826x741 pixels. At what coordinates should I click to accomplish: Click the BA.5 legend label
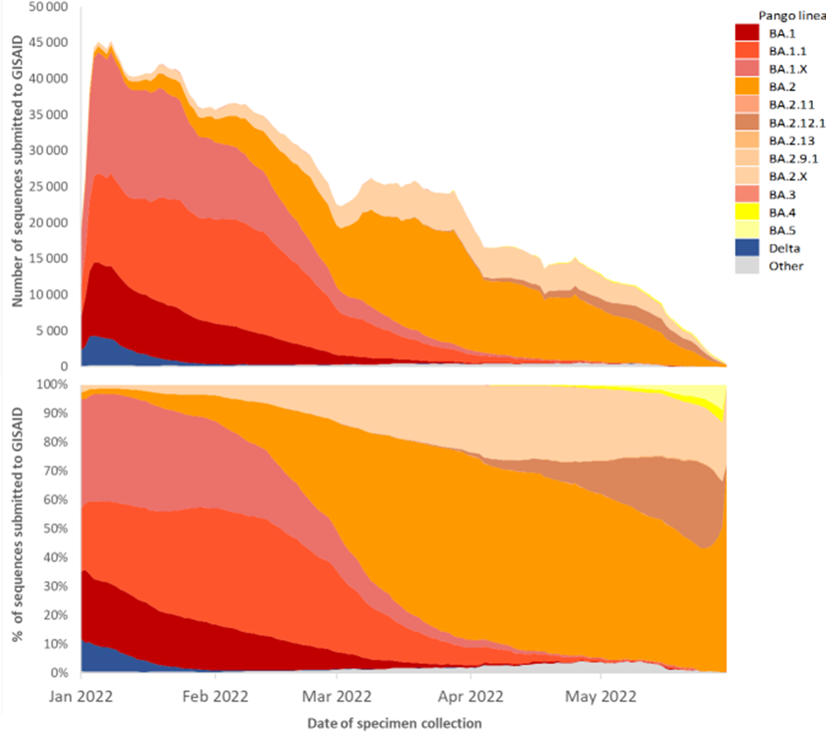click(781, 231)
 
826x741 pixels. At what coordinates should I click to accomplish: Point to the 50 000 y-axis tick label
click(49, 6)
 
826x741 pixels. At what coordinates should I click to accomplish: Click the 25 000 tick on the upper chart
click(49, 186)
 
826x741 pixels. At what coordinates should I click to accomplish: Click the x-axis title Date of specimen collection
click(394, 724)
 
